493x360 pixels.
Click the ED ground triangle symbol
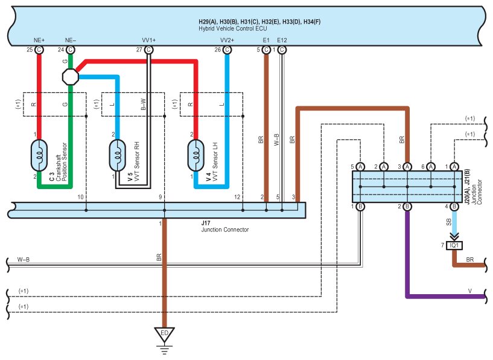[164, 333]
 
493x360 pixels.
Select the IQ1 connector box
[453, 245]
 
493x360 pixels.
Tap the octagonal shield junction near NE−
[71, 76]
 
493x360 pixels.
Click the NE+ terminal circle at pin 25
[39, 50]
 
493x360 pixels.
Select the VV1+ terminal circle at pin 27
[148, 50]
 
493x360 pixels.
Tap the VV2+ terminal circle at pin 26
[227, 50]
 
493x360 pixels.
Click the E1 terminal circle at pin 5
[266, 50]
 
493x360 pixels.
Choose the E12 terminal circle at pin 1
[282, 50]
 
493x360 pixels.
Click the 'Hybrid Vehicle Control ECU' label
[234, 28]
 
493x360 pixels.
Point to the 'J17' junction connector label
[206, 223]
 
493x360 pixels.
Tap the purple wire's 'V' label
[469, 291]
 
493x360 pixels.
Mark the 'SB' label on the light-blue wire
[449, 223]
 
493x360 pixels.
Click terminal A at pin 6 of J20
[431, 166]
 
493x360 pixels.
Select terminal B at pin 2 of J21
[407, 207]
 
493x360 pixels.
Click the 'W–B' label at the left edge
[24, 260]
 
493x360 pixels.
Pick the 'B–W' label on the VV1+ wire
[143, 104]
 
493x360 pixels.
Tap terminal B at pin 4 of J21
[454, 207]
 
